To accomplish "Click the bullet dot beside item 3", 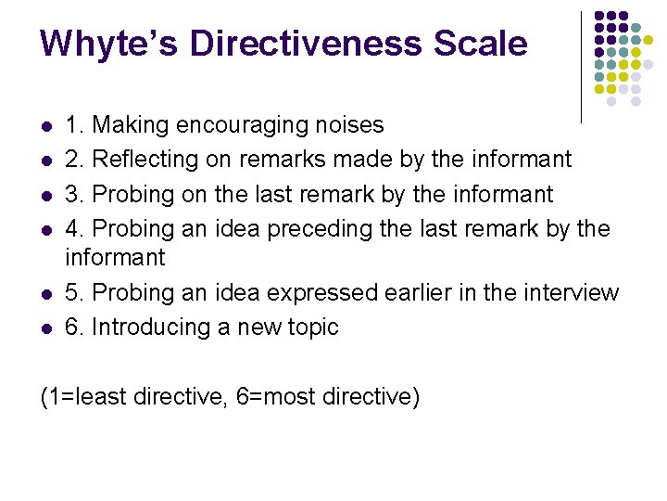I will point(44,195).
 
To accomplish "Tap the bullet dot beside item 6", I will point(44,328).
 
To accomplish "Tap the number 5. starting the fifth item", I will point(74,293).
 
